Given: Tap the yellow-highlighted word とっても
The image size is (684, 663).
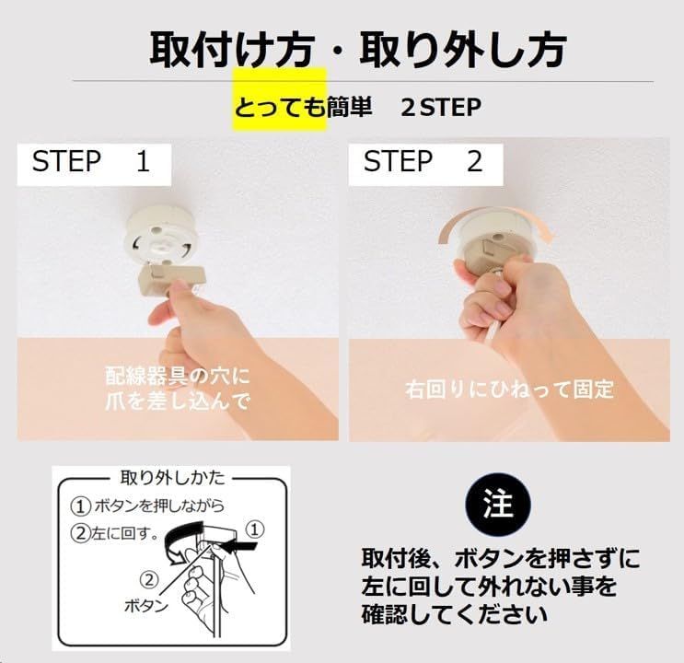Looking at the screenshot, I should point(280,108).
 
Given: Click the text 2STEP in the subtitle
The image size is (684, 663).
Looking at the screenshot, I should point(441,108).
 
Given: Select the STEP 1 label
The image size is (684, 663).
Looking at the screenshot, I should point(90,162).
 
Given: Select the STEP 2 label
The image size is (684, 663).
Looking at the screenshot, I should point(423,162).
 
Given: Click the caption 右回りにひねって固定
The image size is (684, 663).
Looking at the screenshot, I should point(509,390).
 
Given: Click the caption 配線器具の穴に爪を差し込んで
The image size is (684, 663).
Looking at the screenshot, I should point(178,389).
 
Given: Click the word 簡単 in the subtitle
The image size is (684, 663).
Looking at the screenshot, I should point(350,108).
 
